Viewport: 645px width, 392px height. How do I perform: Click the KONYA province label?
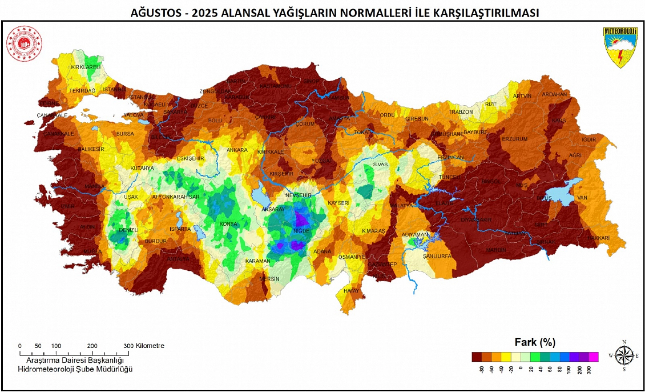pyautogui.click(x=228, y=224)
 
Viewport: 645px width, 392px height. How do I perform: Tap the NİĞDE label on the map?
pyautogui.click(x=301, y=231)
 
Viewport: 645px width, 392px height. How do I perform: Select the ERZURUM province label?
pyautogui.click(x=515, y=139)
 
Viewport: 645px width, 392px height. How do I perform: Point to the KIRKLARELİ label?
pyautogui.click(x=86, y=67)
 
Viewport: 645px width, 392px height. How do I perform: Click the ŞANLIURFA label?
pyautogui.click(x=437, y=256)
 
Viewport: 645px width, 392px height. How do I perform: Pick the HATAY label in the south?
pyautogui.click(x=351, y=291)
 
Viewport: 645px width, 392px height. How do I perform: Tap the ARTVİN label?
pyautogui.click(x=522, y=96)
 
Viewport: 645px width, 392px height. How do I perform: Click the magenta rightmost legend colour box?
pyautogui.click(x=593, y=357)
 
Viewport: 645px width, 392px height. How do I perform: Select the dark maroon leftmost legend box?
pyautogui.click(x=477, y=357)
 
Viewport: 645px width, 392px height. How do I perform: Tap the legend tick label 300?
pyautogui.click(x=589, y=370)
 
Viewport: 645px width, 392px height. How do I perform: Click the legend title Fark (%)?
pyautogui.click(x=535, y=342)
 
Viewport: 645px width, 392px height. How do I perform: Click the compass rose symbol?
pyautogui.click(x=624, y=356)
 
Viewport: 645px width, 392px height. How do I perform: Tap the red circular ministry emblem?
pyautogui.click(x=24, y=43)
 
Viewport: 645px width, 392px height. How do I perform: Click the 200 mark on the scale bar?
pyautogui.click(x=92, y=346)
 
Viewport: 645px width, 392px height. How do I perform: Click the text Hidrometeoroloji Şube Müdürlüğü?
pyautogui.click(x=75, y=369)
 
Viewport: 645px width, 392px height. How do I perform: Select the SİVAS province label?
pyautogui.click(x=380, y=164)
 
